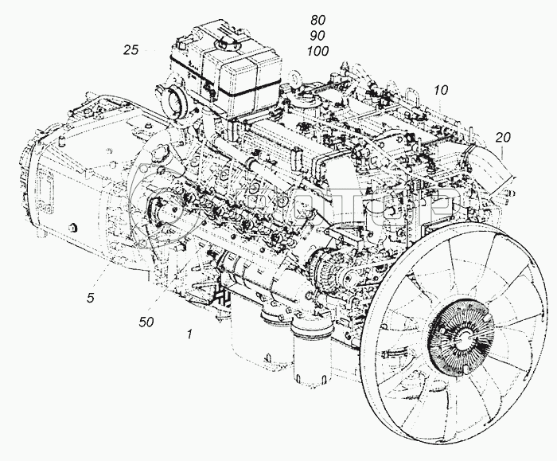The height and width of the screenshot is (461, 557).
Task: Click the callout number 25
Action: point(131,50)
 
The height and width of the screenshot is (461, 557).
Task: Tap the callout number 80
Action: point(317,21)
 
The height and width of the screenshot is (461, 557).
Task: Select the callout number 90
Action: point(317,36)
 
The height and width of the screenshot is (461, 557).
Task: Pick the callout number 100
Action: point(317,50)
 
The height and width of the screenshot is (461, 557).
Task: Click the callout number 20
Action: point(502,137)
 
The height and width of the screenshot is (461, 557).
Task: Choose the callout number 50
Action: point(146,322)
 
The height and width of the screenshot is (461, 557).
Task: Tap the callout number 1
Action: point(189,335)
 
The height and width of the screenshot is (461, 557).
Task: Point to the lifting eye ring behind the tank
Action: point(295,80)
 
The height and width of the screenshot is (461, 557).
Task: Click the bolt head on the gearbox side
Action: point(72,229)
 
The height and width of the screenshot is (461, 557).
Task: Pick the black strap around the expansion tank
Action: point(231,95)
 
